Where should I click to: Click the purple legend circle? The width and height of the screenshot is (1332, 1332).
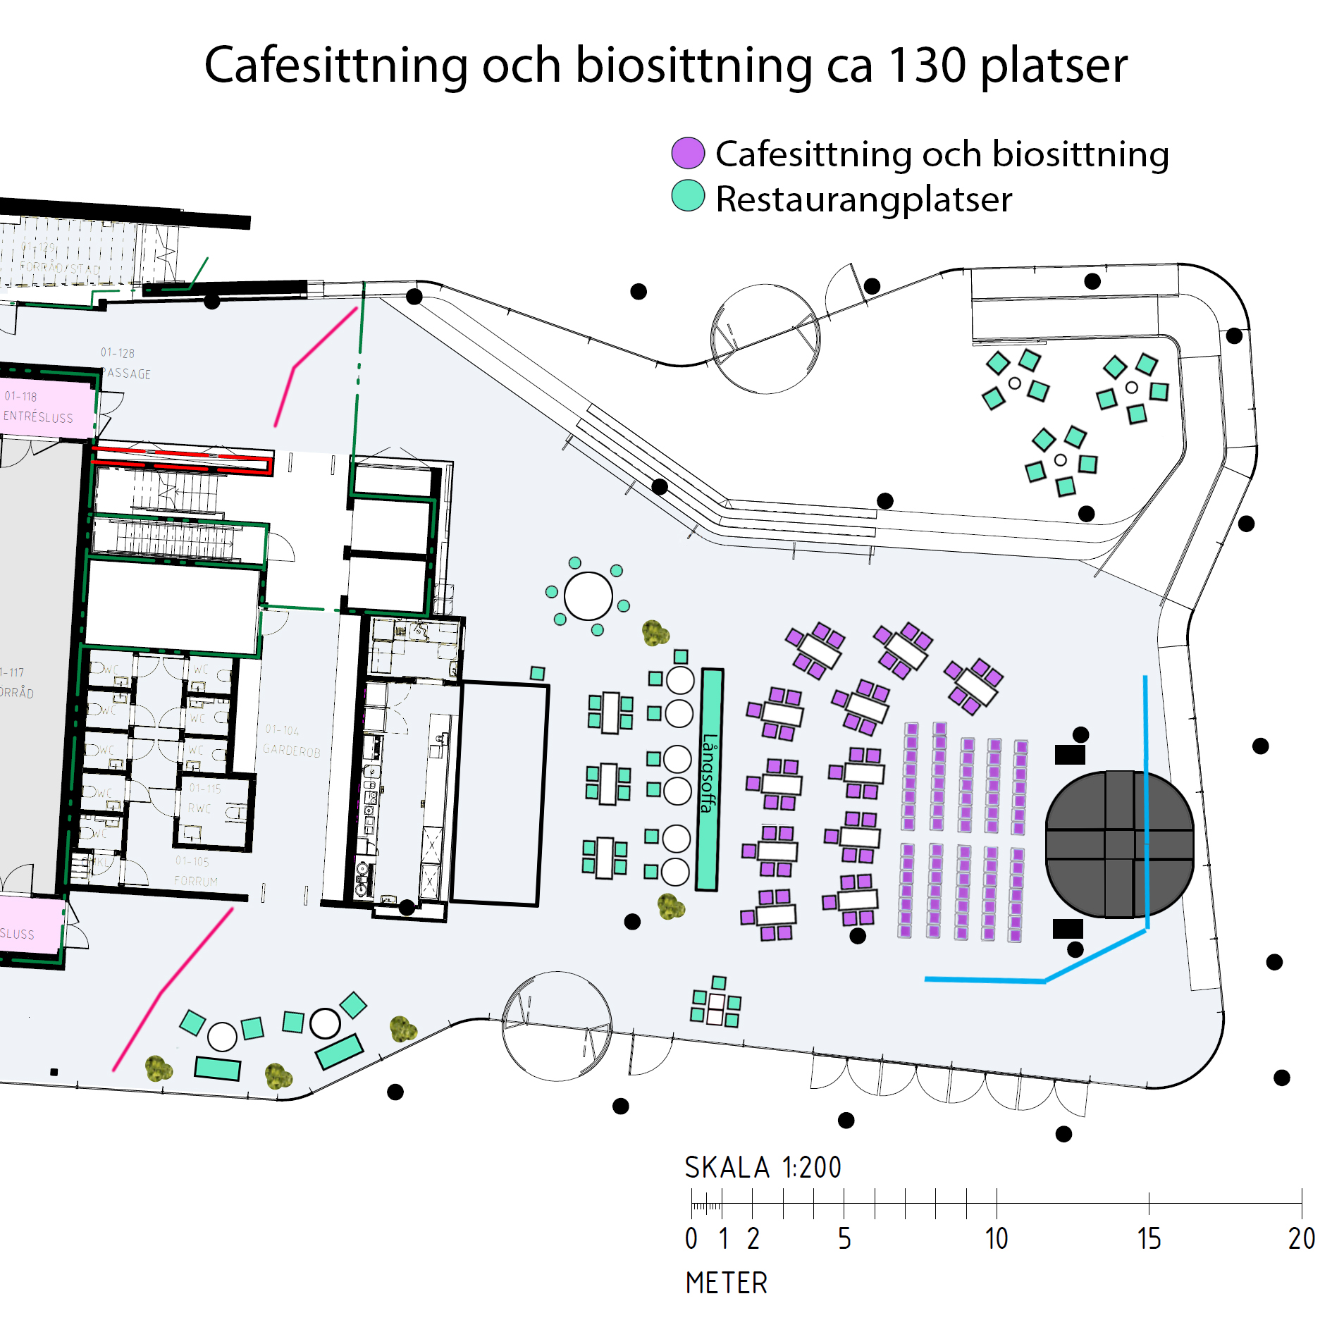click(688, 153)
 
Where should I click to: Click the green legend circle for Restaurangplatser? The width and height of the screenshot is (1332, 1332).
click(688, 196)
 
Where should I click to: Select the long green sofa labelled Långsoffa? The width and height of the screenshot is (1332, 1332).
click(709, 779)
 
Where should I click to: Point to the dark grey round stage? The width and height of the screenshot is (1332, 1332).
click(1118, 844)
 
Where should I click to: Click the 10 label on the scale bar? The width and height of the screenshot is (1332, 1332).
click(996, 1238)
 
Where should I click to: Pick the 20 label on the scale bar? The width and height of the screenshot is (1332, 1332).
click(1301, 1238)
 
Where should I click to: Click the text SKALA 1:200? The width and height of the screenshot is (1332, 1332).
click(763, 1168)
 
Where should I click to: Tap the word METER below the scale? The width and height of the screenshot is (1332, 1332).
click(726, 1283)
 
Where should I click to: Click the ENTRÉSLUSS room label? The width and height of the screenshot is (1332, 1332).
click(38, 417)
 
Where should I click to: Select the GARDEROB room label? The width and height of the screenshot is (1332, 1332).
click(291, 751)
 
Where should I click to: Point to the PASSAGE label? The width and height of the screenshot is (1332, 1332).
click(127, 374)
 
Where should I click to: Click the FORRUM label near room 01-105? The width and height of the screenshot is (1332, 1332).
click(196, 881)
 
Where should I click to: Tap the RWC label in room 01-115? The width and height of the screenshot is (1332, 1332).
click(199, 808)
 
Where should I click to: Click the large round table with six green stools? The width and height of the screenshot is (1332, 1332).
click(588, 596)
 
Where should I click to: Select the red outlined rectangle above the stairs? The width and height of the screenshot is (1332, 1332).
click(183, 460)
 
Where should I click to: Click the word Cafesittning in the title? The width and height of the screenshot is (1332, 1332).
click(335, 65)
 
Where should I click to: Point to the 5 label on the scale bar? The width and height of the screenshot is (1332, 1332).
click(844, 1238)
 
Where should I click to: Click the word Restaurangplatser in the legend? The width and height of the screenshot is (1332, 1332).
click(863, 199)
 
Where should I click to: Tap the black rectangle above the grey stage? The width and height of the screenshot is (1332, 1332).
click(1069, 755)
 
